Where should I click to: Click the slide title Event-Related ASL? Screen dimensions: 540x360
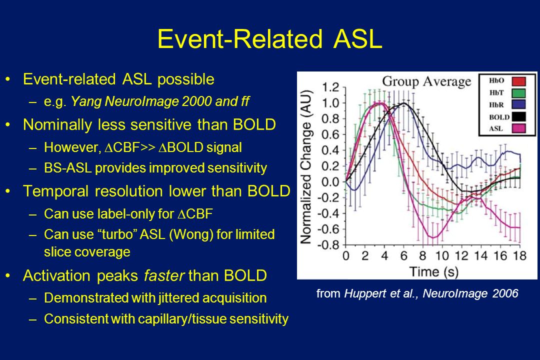269,38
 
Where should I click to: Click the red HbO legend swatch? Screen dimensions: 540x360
518,81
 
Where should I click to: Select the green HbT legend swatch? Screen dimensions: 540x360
518,93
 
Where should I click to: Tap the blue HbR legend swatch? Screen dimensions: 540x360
518,104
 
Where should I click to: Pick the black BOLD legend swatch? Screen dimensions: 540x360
518,117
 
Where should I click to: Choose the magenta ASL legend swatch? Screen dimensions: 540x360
518,128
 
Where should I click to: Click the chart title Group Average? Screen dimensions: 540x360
426,82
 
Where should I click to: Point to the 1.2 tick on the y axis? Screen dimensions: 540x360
330,87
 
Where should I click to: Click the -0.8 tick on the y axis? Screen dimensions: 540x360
328,245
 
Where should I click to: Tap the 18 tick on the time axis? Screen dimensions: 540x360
519,256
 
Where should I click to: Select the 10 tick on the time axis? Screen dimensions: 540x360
442,256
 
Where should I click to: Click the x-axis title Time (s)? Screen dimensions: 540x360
433,272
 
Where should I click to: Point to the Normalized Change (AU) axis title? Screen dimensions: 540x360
306,166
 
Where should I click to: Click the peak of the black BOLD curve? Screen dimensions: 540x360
404,103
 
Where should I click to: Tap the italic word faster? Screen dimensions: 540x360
164,275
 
